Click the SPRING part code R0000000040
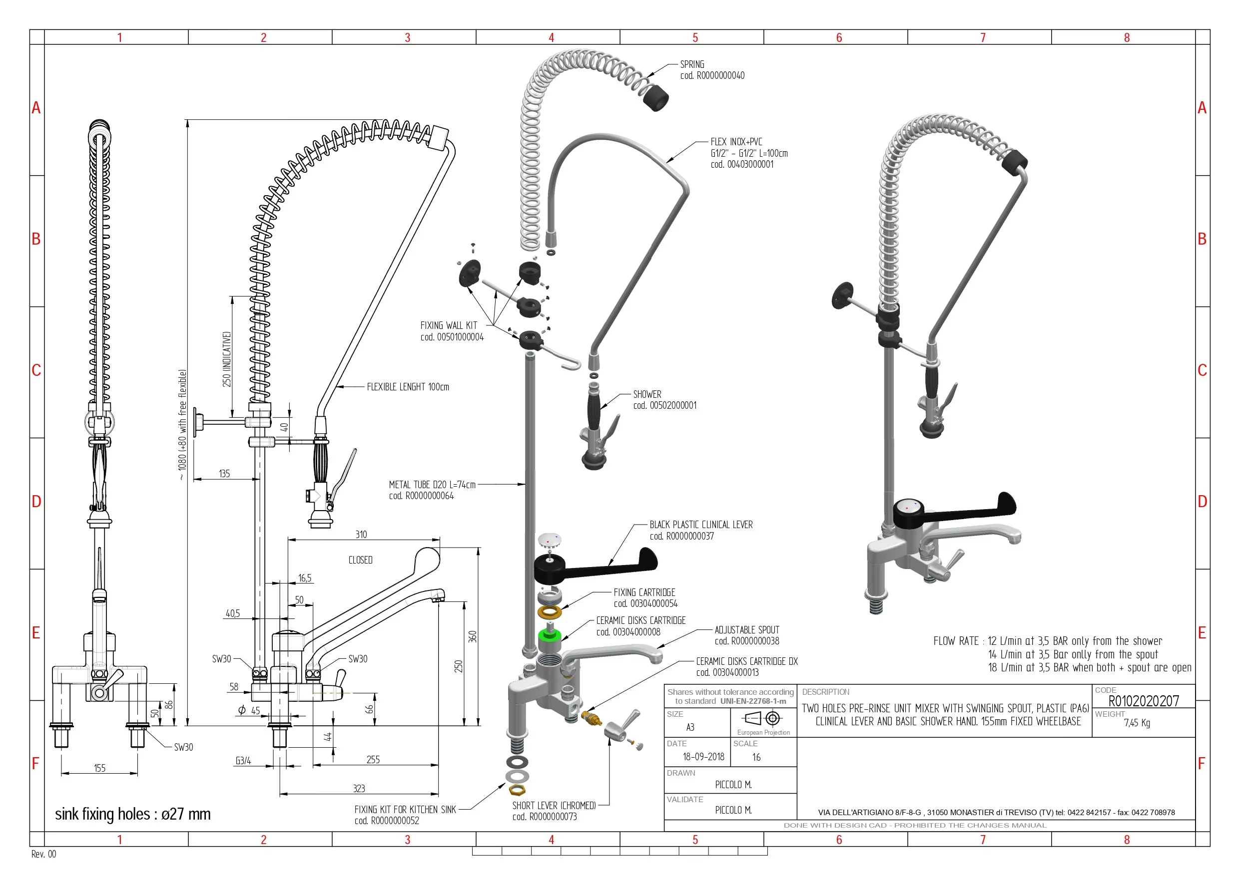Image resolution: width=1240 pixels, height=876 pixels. tap(712, 75)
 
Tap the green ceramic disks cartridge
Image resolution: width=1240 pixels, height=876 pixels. tap(550, 634)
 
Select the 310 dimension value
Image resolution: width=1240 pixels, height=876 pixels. tap(361, 535)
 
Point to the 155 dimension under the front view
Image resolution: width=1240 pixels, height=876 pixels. tap(99, 768)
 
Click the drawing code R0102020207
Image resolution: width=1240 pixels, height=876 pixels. tap(1143, 701)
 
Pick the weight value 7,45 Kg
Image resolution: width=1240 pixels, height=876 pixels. tap(1137, 723)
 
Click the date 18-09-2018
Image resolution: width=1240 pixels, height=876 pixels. tap(703, 757)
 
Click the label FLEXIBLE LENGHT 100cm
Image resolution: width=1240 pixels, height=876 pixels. tap(408, 387)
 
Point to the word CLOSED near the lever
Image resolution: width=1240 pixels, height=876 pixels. tap(360, 560)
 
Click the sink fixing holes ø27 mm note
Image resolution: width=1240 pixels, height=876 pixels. tap(133, 814)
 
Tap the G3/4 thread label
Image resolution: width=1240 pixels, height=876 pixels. tap(243, 761)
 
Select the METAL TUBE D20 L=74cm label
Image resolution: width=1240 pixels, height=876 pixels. tap(432, 485)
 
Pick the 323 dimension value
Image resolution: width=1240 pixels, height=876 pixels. tap(359, 789)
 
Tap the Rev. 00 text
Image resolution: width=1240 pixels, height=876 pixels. tap(44, 854)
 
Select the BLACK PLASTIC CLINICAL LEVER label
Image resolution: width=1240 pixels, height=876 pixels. tap(700, 525)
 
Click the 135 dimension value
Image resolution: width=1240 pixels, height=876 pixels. tap(224, 473)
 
